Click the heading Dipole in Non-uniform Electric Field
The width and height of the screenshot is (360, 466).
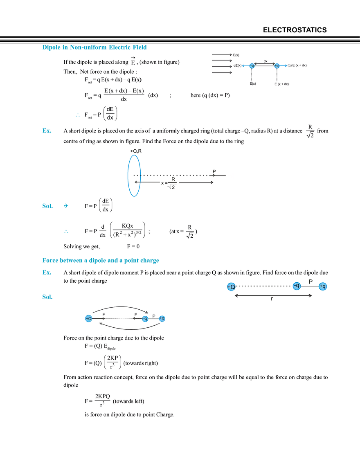click(95, 48)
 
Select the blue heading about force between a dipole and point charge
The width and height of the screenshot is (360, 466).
click(100, 260)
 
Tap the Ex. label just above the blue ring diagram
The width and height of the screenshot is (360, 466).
click(46, 131)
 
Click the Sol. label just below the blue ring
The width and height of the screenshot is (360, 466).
click(48, 207)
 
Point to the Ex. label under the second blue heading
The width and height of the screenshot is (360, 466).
click(46, 272)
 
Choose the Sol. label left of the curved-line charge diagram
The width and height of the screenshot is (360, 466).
click(48, 298)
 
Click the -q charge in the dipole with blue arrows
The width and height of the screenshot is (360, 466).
click(252, 65)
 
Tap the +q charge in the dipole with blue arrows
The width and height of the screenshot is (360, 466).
click(277, 65)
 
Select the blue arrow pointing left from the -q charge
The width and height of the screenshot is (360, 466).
click(245, 65)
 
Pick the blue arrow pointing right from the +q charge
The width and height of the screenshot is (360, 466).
click(284, 65)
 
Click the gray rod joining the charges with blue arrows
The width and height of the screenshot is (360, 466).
click(264, 65)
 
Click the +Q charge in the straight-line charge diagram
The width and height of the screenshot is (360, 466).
click(231, 287)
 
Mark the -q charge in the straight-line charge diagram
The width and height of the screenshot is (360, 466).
click(297, 286)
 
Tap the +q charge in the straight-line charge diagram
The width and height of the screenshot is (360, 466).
click(323, 286)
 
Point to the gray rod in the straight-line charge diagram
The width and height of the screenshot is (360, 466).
click(310, 286)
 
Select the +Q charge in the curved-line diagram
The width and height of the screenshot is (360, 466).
click(89, 318)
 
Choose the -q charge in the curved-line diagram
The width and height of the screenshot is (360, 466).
click(145, 319)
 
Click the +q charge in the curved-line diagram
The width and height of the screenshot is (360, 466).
click(162, 319)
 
